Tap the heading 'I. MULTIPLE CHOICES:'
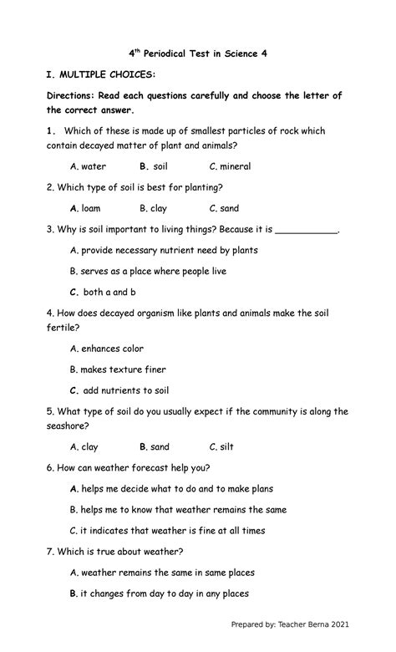coord(101,75)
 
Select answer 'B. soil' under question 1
coord(153,166)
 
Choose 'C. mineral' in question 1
coord(230,166)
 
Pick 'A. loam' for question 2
coord(85,208)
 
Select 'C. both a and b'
coord(103,293)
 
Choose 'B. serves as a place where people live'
coord(148,271)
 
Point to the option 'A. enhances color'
coord(107,349)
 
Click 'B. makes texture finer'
coord(118,369)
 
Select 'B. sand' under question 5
coord(154,447)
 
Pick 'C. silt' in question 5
coord(221,447)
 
